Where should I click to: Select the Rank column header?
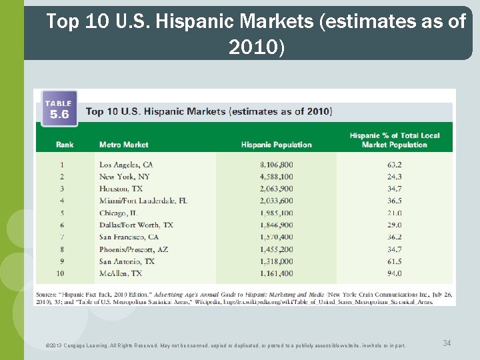65,145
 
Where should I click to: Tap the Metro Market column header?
123,145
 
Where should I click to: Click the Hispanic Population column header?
276,145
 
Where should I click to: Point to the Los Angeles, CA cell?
126,165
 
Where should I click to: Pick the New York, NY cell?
125,177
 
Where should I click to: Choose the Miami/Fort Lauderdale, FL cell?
143,201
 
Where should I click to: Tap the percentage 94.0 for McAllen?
394,273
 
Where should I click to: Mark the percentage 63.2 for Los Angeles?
394,165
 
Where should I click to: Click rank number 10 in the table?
61,273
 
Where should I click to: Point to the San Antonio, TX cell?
127,261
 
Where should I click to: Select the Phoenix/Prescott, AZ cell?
133,249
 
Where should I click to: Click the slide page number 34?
447,343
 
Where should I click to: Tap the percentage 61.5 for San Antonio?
394,261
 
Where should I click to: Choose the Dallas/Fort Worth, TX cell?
136,225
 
